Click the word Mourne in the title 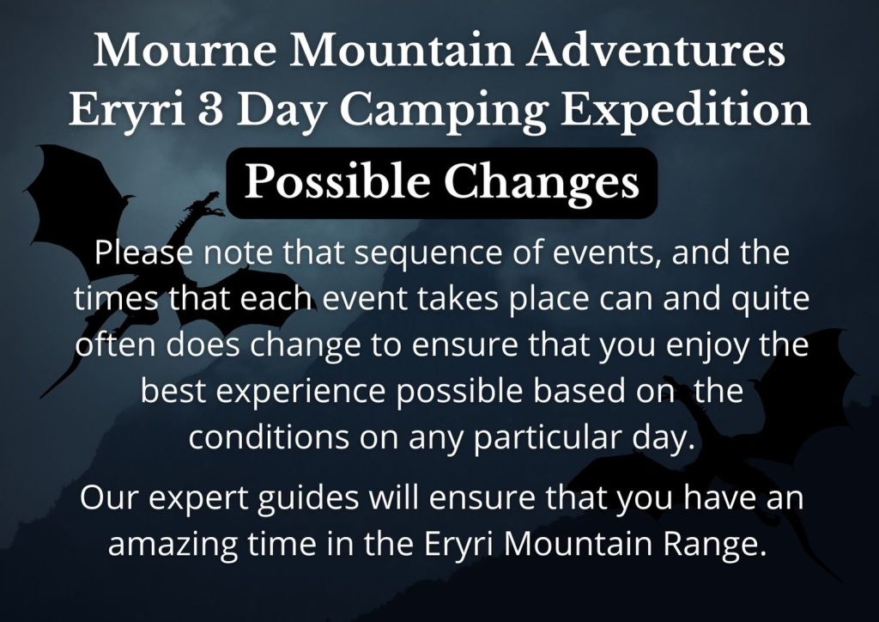185,51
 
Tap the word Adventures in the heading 655,49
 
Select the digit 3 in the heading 209,109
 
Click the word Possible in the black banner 336,182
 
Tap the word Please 143,252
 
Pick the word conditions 269,436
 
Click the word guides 308,499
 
